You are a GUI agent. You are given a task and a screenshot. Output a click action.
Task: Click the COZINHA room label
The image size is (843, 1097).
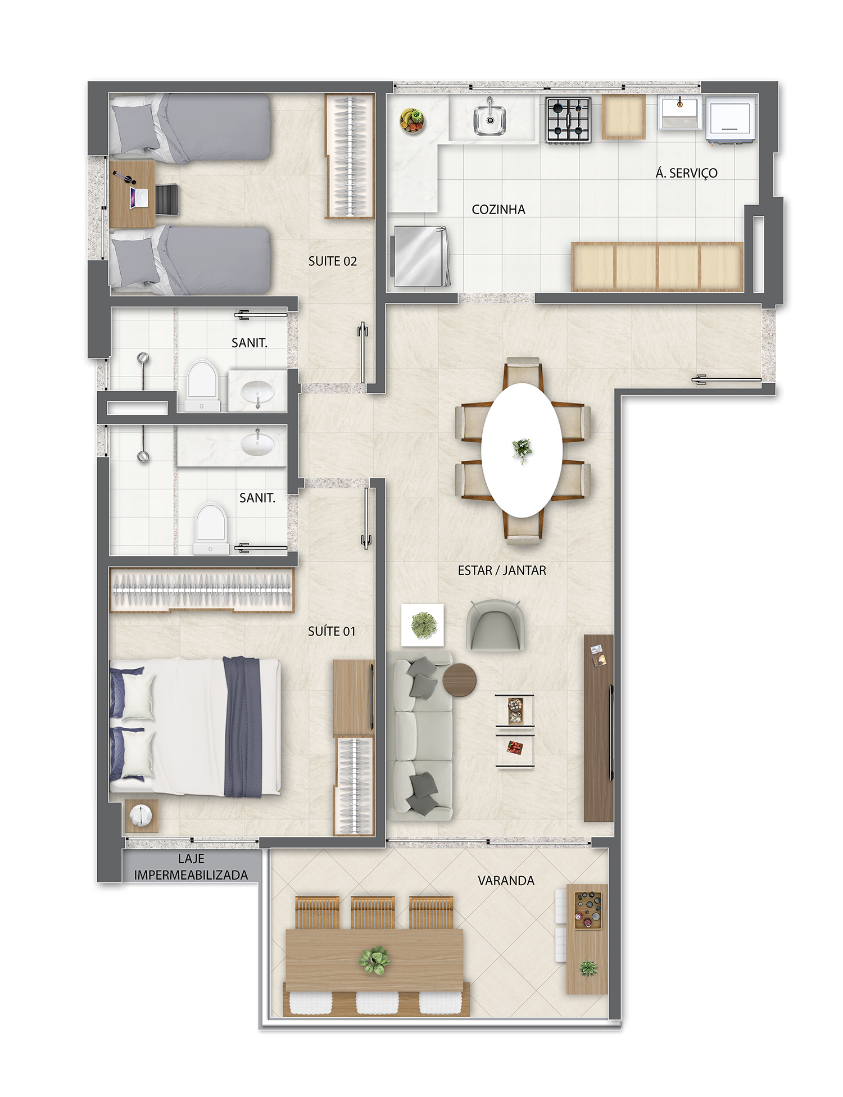click(x=498, y=210)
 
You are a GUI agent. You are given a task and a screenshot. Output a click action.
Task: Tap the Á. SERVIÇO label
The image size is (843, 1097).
click(x=686, y=173)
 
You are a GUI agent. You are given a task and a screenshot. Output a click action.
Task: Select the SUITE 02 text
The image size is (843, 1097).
click(x=333, y=261)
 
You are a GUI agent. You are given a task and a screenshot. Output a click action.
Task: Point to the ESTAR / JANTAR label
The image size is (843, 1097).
click(x=502, y=570)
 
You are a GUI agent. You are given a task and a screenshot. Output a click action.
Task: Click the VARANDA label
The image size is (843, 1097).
click(x=506, y=881)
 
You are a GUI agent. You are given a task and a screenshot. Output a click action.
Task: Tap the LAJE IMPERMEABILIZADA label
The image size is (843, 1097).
click(x=191, y=867)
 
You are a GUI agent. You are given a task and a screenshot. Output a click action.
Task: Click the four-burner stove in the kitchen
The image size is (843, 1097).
click(x=568, y=120)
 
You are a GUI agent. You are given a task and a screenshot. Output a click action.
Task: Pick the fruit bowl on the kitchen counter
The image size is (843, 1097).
click(x=412, y=120)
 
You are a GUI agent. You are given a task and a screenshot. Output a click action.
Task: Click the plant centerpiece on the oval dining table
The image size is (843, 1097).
click(x=522, y=450)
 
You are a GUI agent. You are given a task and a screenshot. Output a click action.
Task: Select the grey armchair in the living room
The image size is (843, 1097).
click(x=495, y=625)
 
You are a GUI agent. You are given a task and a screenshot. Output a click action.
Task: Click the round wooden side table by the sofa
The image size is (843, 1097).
click(x=460, y=680)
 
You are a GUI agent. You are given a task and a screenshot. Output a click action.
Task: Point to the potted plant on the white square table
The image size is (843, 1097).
click(x=423, y=625)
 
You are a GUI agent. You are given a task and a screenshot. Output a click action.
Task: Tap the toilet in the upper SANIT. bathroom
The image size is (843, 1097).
click(x=202, y=386)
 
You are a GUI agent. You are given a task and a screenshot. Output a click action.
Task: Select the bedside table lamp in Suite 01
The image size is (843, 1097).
click(x=140, y=815)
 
